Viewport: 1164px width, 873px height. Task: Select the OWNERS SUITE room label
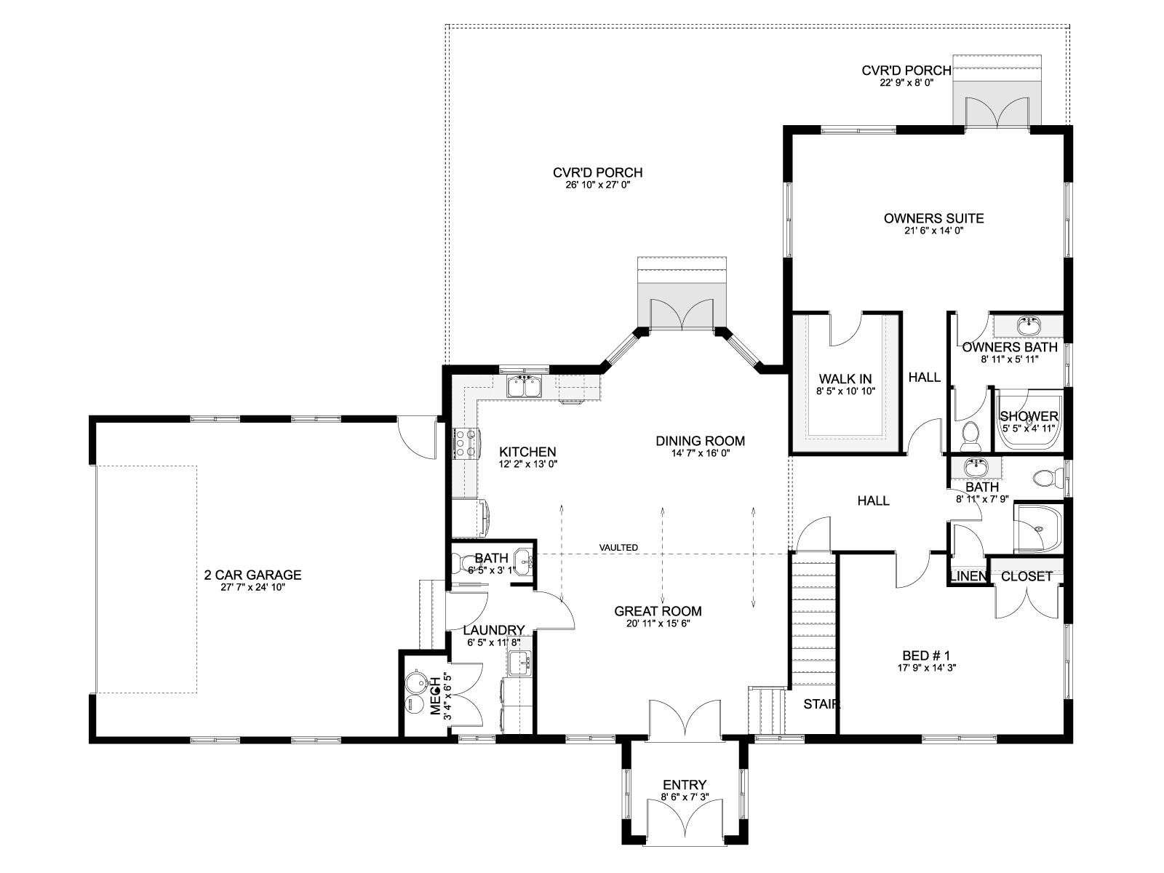click(933, 218)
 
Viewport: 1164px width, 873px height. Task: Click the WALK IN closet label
click(845, 379)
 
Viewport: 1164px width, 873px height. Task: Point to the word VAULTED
click(618, 548)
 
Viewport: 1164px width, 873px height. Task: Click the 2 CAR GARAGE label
click(253, 575)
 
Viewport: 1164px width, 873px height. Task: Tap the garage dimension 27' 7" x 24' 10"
click(253, 587)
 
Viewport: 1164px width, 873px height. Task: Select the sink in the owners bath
click(1029, 325)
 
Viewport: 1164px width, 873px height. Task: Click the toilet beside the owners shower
click(970, 432)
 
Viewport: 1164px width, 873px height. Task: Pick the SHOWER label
click(1029, 416)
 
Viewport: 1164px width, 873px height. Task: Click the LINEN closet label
click(968, 576)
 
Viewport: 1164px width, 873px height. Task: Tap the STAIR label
click(821, 704)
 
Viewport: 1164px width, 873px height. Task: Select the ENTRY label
click(685, 784)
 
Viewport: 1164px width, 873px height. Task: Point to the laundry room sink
click(520, 663)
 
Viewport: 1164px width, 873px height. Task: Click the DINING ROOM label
click(700, 441)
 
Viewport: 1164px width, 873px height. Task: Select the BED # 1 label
click(926, 655)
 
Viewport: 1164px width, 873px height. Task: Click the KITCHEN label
click(527, 452)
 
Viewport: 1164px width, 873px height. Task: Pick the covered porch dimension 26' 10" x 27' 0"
click(598, 185)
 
